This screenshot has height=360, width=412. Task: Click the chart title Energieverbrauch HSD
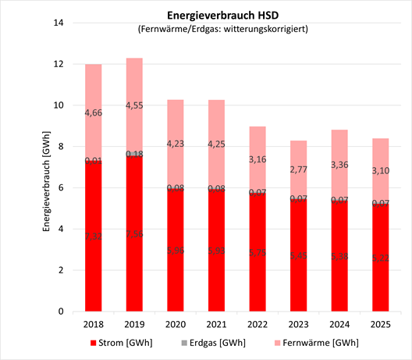point(223,15)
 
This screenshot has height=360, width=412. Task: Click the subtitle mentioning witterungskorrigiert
point(223,30)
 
